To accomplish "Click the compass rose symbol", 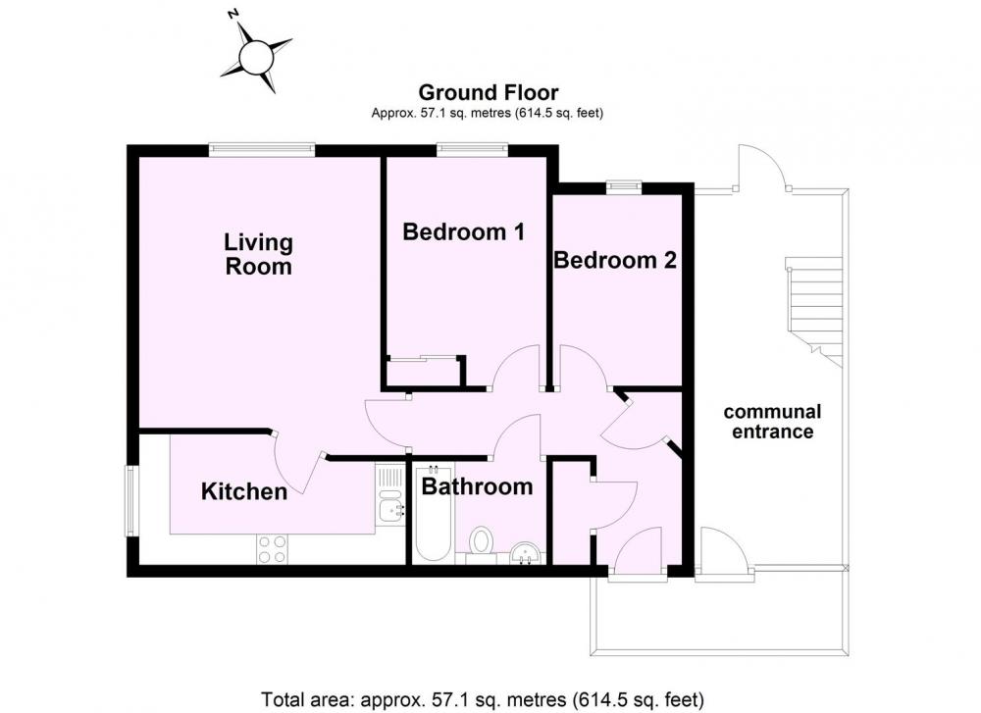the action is coord(256,56).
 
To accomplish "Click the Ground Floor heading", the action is coord(488,92).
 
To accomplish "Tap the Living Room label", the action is coord(258,254).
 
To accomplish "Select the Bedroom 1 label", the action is coord(464,232).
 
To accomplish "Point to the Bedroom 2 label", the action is coord(615,260).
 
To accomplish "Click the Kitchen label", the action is coord(244,491).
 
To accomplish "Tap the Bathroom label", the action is coord(478,486).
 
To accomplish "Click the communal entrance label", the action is coord(773,422).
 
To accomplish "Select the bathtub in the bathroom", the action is coord(433,512).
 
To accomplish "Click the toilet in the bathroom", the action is coord(481,541).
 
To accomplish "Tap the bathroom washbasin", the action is coord(526,553).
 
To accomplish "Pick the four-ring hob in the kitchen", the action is coord(273,550).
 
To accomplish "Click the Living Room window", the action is coord(262,149).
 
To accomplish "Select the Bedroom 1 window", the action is coord(471,149).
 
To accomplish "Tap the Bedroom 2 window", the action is coord(624,186).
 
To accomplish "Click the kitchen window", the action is coord(130,500).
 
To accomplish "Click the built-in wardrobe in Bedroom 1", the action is coord(423,373).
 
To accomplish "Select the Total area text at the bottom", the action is coord(483,698).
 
